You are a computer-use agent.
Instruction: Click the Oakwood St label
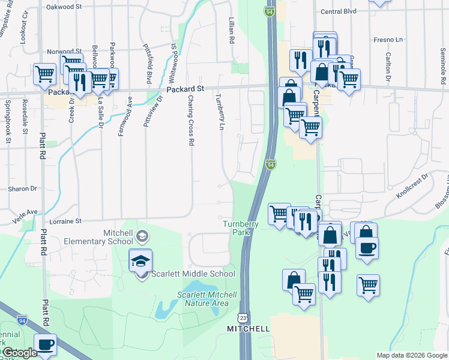coord(68,7)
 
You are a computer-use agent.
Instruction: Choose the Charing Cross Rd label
coord(191,120)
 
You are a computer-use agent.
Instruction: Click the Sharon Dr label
coord(23,188)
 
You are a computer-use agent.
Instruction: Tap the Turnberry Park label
coord(241,228)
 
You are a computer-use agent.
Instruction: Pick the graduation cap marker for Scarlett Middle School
coord(140,262)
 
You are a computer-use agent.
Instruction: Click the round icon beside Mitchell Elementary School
coord(142,236)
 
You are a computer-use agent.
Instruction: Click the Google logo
coord(19,353)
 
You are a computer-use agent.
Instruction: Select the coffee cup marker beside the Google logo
coord(46,345)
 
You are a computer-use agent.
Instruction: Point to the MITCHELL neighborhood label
coord(248,329)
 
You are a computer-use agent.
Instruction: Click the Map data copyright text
coord(411,355)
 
